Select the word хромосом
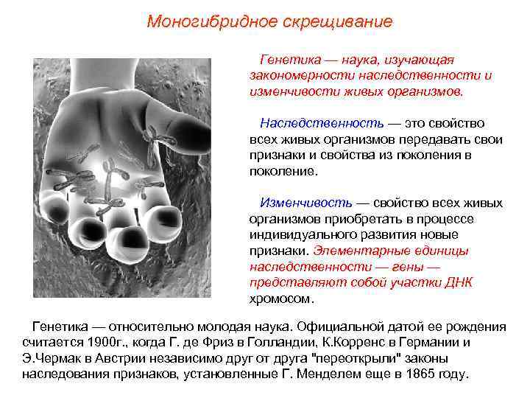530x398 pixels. (x=280, y=298)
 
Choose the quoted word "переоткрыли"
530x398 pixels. (x=347, y=358)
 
